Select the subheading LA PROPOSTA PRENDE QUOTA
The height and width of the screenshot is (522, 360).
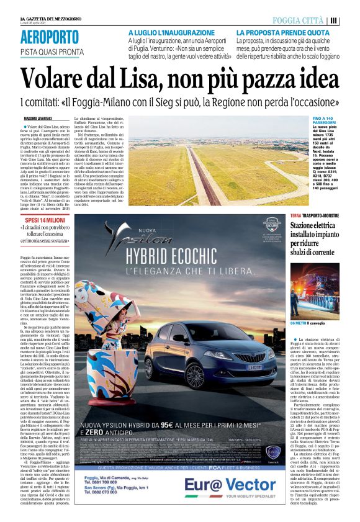(282, 32)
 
